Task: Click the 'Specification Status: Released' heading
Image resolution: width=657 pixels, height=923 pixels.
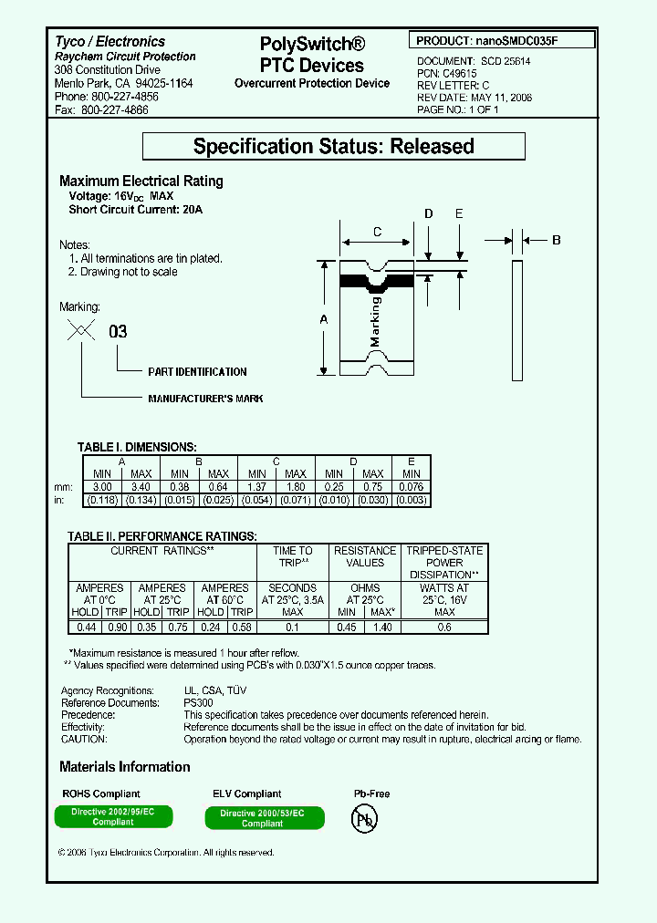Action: [x=334, y=147]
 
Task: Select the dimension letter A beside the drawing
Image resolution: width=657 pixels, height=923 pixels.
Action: [x=322, y=318]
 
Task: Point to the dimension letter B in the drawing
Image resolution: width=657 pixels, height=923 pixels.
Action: [x=557, y=240]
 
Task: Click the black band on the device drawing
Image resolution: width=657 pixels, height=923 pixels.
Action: [x=375, y=282]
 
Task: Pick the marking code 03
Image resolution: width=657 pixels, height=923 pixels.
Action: [x=119, y=332]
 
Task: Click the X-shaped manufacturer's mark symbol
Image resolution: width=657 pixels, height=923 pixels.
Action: [x=82, y=332]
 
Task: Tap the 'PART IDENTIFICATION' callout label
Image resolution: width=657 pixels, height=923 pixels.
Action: [x=197, y=372]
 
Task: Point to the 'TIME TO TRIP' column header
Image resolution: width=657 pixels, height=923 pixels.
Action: [x=293, y=556]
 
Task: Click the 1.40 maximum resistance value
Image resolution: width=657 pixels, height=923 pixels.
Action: [x=382, y=627]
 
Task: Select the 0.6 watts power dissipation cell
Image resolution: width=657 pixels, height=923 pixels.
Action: [x=444, y=627]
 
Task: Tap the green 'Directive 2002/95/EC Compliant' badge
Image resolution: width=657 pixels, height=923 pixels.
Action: [x=113, y=816]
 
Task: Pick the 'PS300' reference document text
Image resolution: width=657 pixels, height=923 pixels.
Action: [x=198, y=703]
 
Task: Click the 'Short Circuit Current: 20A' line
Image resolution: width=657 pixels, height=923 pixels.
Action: [x=136, y=210]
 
